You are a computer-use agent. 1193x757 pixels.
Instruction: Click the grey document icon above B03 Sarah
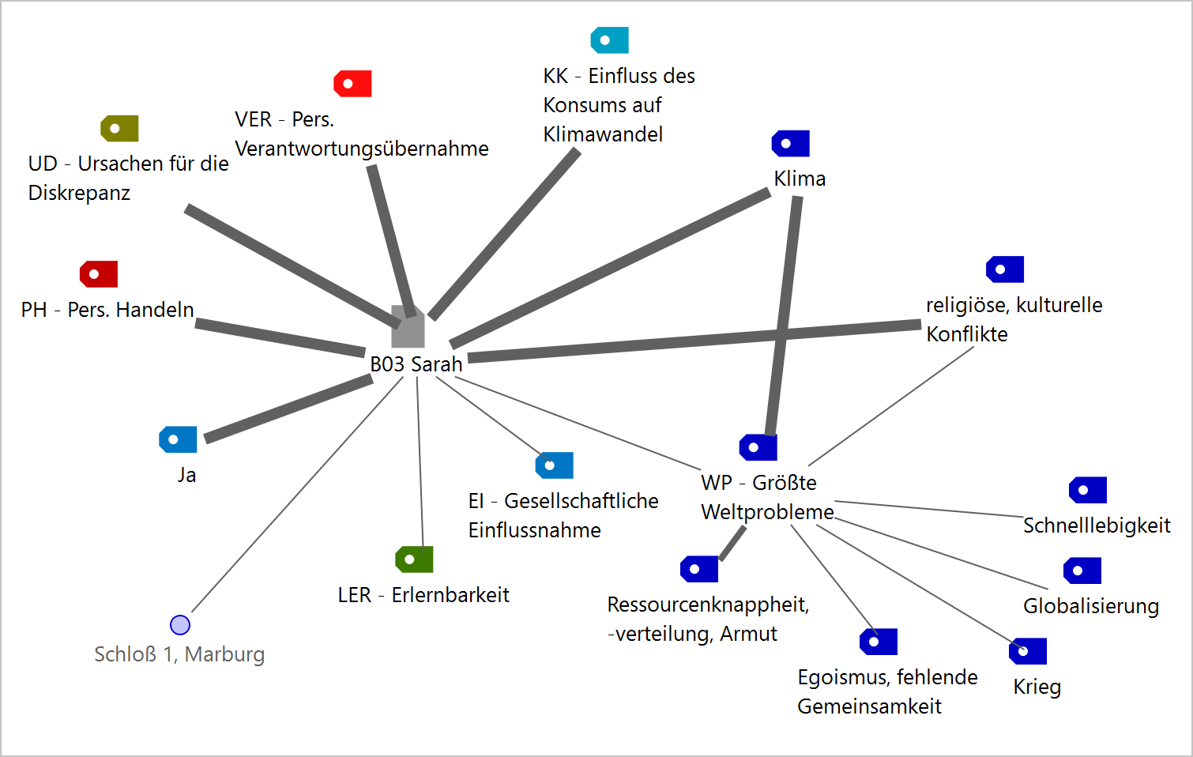click(x=408, y=327)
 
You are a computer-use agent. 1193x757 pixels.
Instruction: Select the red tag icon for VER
click(x=352, y=84)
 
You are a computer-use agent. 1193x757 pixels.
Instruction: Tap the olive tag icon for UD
click(x=119, y=128)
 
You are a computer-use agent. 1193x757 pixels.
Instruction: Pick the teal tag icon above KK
click(x=609, y=40)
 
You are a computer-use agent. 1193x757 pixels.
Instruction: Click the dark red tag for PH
click(x=99, y=274)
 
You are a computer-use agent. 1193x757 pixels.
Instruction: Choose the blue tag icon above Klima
click(x=790, y=144)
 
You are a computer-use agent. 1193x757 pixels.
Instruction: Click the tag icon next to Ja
click(x=178, y=439)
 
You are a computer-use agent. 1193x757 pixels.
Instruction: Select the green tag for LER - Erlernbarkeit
click(x=414, y=559)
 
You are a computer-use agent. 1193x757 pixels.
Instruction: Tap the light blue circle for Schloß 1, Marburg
click(x=180, y=625)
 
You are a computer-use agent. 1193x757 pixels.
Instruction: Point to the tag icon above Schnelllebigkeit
click(x=1087, y=490)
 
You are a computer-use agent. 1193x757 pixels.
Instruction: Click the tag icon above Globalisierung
click(x=1082, y=571)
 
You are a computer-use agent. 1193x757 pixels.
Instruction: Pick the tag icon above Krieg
click(x=1027, y=651)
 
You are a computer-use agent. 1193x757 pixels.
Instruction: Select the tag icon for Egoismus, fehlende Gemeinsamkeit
click(x=878, y=642)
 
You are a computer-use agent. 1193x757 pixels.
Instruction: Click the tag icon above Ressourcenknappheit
click(x=698, y=569)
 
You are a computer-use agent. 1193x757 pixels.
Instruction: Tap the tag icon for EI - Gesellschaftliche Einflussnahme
click(x=554, y=465)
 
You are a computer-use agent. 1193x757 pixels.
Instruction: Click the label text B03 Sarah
click(x=416, y=364)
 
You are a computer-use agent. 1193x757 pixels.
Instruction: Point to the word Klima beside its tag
click(x=800, y=179)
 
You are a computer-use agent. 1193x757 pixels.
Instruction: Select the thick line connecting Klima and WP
click(x=784, y=316)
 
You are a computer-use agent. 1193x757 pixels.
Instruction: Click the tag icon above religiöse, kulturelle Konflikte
click(x=1004, y=269)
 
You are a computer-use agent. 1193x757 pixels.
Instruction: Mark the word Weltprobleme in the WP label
click(x=767, y=512)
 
